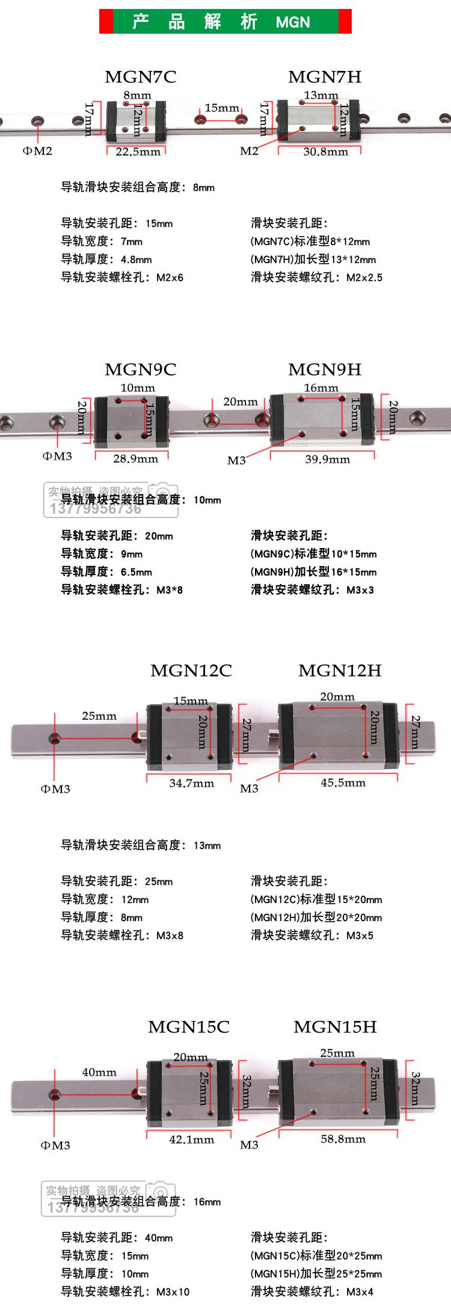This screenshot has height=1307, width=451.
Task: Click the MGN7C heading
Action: point(140,77)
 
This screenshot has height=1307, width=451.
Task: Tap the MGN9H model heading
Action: point(325,369)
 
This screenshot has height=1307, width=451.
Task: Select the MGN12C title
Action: point(191,670)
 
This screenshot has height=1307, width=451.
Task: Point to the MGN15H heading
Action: point(335,1026)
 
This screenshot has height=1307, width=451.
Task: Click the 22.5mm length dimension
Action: point(138,151)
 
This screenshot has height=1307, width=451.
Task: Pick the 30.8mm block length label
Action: point(325,151)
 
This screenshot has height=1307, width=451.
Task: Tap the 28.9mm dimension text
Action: point(135,459)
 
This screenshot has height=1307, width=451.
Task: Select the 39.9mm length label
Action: point(327,459)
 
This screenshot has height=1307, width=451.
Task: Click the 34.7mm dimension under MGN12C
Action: point(191,782)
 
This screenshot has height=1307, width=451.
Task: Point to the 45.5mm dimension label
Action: point(343,782)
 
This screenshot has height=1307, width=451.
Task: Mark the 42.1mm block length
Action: point(191,1139)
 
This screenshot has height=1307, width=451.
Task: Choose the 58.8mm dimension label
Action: point(343,1139)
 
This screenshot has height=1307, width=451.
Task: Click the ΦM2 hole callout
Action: point(37,151)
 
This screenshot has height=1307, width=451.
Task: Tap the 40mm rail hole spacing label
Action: point(99,1072)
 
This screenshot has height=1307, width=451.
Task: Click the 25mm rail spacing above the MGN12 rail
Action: point(99,716)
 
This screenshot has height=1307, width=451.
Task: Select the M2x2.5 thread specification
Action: point(364,278)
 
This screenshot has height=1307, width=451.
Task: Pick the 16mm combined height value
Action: point(207,1202)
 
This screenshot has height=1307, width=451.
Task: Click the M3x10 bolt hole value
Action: point(173,1291)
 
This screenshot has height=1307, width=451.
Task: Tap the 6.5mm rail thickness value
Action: point(137,572)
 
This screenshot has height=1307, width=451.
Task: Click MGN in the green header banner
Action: point(293,22)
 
